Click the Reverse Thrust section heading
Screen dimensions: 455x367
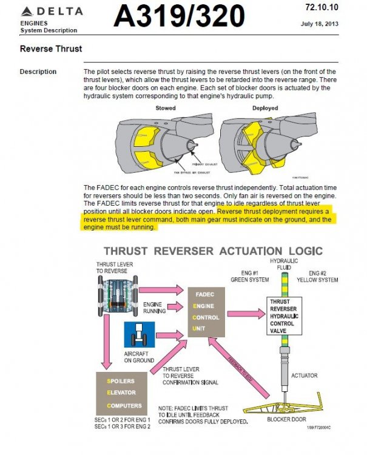(x=51, y=49)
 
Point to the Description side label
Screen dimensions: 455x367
(x=38, y=72)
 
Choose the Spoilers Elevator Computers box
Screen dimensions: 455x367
(x=121, y=393)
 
